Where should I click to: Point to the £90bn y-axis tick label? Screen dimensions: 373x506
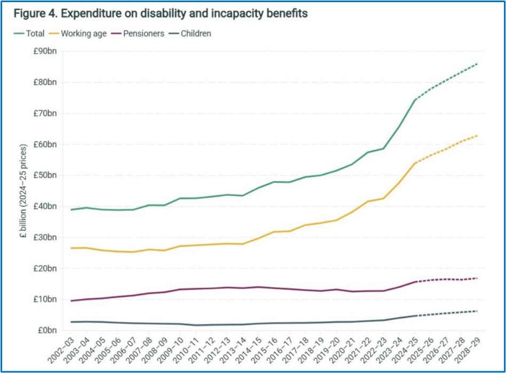[44, 52]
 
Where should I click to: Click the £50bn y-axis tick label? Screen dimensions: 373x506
[44, 176]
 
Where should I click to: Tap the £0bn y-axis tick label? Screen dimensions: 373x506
[46, 330]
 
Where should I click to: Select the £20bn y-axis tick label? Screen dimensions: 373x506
[44, 268]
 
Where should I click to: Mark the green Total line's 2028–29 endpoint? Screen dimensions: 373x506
[477, 64]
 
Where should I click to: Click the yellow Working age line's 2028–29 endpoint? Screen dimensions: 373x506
[477, 136]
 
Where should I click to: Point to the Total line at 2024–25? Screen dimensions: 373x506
[415, 100]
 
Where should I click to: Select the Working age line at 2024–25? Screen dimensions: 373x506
[415, 163]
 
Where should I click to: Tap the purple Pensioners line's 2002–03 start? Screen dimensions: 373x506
[71, 301]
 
